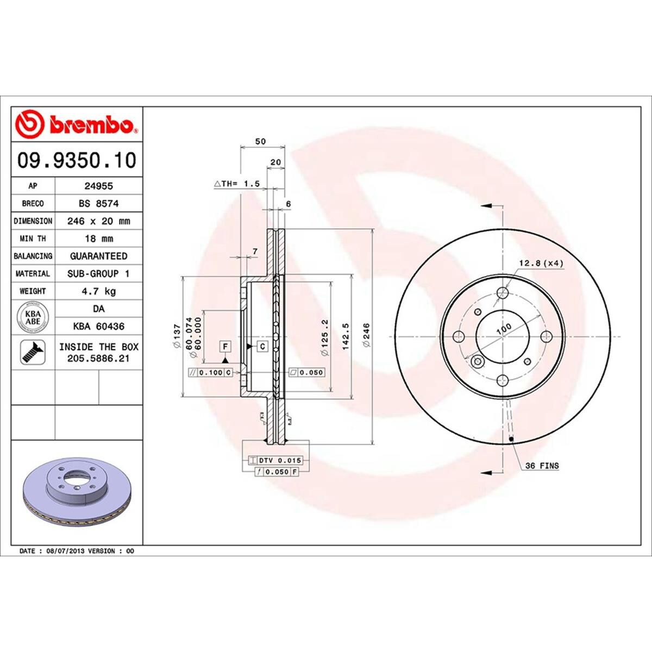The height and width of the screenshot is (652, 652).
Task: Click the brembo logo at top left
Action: tap(77, 124)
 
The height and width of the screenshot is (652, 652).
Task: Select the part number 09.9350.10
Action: tap(77, 160)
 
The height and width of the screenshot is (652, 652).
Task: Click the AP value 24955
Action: tap(98, 186)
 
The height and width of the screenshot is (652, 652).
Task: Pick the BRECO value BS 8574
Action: tap(98, 203)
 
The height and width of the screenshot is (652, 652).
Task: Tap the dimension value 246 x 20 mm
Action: tap(98, 221)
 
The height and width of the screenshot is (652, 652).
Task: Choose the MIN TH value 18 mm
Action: tap(98, 239)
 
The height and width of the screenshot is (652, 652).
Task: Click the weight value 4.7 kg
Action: tap(98, 291)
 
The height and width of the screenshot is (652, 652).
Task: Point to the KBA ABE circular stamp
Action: tap(33, 317)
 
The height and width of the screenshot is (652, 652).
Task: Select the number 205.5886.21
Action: tap(98, 359)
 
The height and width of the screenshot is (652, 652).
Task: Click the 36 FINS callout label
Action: tap(542, 466)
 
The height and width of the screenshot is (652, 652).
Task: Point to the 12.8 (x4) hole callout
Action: tap(541, 264)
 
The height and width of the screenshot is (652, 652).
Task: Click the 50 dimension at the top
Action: tap(261, 141)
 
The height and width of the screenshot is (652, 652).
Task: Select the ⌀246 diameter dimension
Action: tap(366, 335)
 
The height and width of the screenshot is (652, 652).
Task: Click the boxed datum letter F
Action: tap(224, 346)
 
